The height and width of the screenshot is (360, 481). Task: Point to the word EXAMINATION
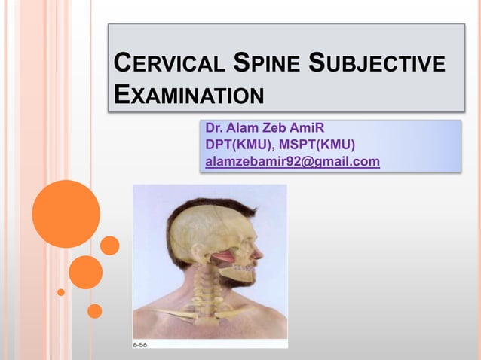click(188, 96)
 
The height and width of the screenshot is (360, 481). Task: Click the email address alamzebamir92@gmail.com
click(293, 161)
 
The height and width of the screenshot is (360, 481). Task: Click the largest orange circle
click(66, 214)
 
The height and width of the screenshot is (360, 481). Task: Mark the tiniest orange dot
click(61, 292)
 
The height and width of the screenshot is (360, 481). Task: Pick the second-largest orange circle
click(85, 272)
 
